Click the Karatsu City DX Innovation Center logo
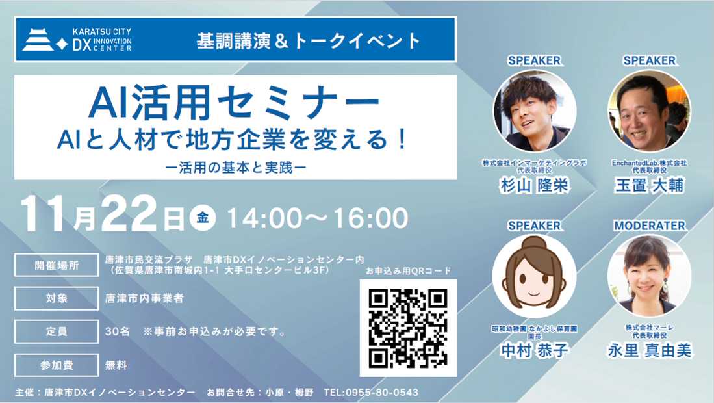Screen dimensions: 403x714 click(77, 39)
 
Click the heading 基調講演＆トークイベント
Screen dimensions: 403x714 click(309, 40)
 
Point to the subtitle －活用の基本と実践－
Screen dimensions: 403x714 click(235, 165)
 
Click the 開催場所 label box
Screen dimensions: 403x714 click(57, 265)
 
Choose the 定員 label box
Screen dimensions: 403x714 click(57, 331)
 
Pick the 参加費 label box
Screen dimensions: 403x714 click(57, 365)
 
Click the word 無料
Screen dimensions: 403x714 click(116, 365)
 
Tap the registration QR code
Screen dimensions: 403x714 click(408, 328)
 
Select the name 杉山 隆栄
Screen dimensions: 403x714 click(534, 185)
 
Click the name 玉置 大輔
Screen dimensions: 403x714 click(649, 185)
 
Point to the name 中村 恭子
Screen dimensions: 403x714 click(534, 351)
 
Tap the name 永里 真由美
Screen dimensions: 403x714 click(649, 351)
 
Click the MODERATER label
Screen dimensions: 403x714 click(649, 226)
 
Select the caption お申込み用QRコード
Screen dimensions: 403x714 click(408, 271)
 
